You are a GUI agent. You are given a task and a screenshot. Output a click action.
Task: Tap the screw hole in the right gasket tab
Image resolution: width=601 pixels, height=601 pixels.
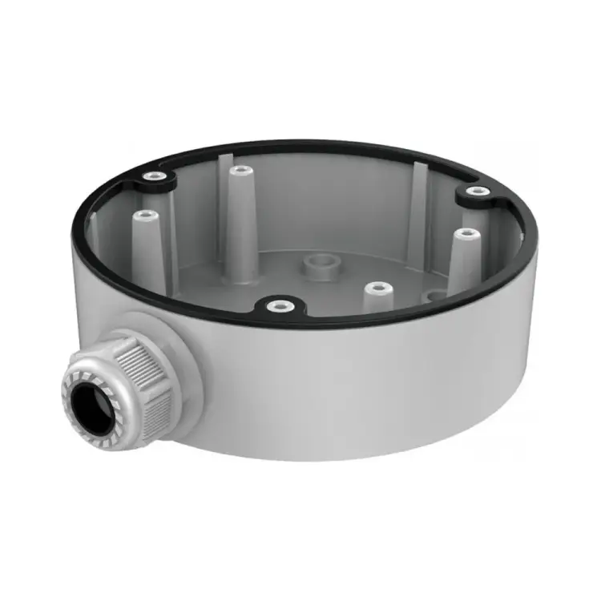(478, 191)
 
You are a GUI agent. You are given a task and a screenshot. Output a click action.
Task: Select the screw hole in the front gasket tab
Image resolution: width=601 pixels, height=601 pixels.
(277, 305)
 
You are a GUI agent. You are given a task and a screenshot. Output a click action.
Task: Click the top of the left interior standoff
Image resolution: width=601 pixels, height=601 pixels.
(145, 215)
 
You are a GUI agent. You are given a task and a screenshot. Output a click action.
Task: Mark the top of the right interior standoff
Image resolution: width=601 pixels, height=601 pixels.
(466, 234)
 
